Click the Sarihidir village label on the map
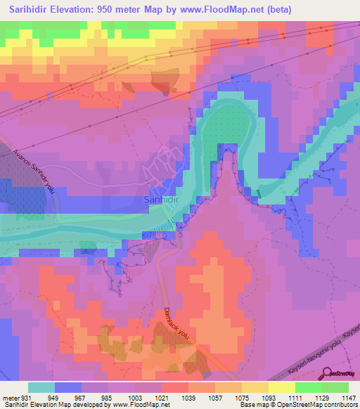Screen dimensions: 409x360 point(160,200)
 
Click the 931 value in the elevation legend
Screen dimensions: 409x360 point(25,398)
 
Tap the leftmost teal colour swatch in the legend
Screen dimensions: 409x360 point(41,387)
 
